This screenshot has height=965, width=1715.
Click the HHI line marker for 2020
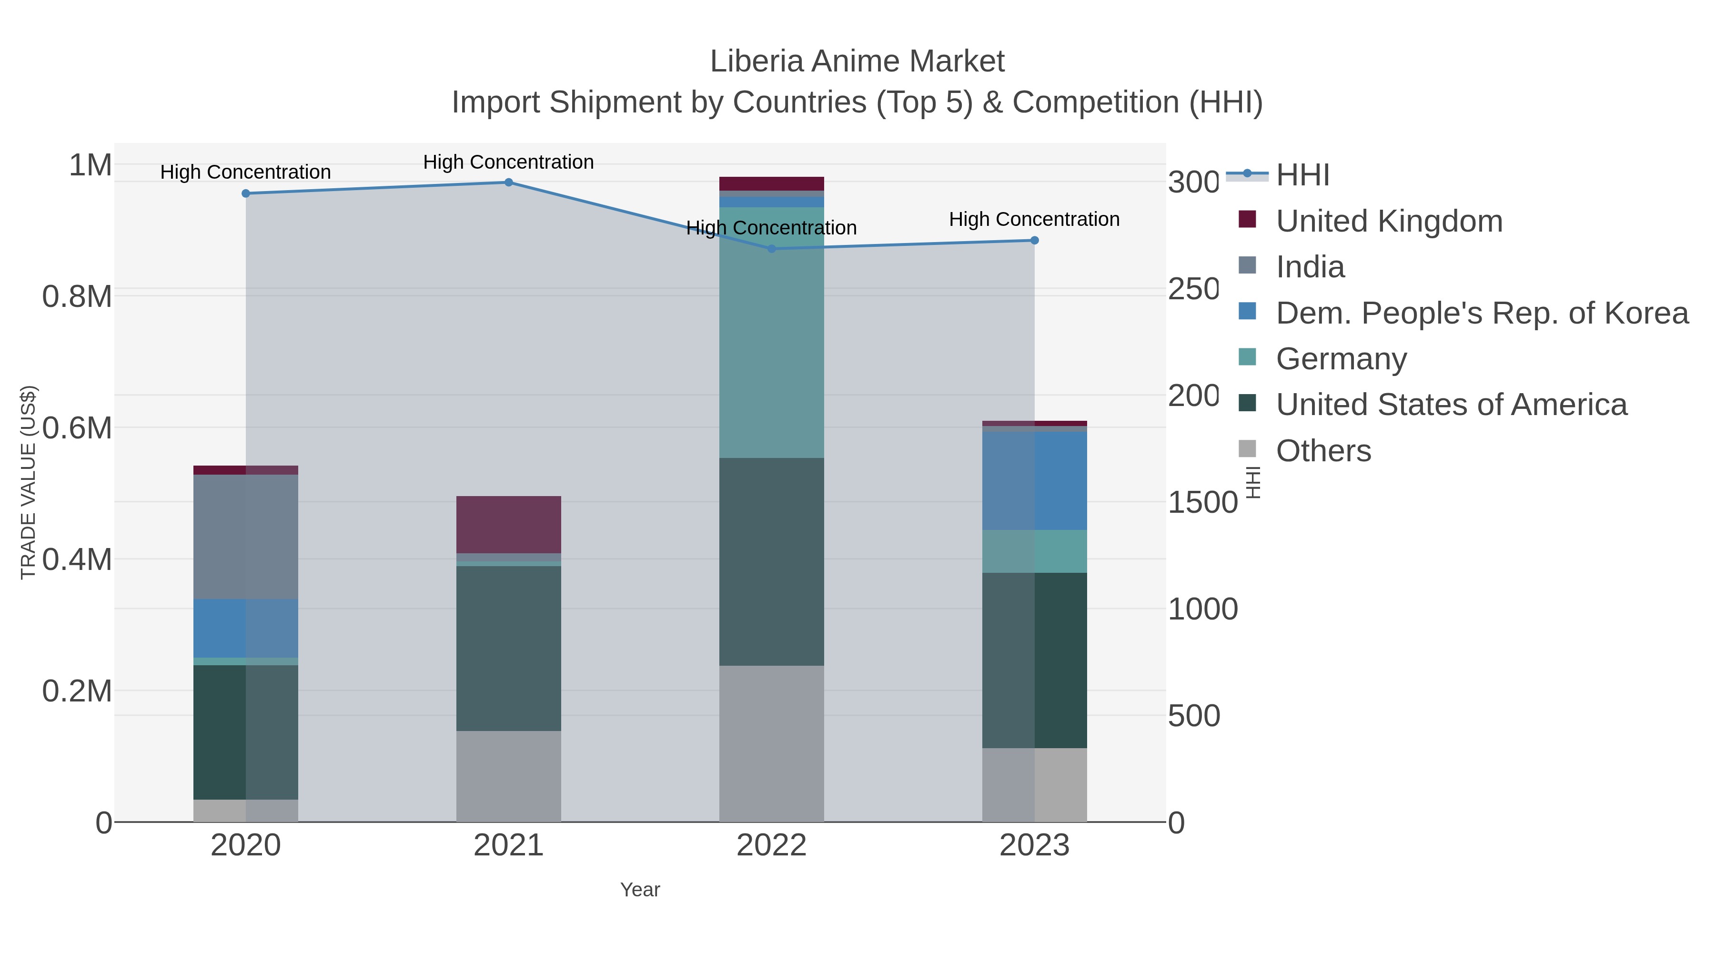point(246,193)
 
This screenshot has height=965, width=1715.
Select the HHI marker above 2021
point(509,182)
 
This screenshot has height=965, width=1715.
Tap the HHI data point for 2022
point(772,248)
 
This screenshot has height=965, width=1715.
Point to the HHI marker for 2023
point(1035,241)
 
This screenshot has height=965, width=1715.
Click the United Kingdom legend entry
point(1389,221)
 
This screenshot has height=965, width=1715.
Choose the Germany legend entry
point(1341,358)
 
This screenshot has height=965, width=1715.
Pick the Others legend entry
point(1323,451)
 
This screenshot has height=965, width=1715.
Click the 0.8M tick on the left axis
point(77,296)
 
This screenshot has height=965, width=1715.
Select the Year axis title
point(640,890)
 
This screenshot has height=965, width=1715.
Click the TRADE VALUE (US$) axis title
point(28,482)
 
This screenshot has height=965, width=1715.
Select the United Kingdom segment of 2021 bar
point(509,524)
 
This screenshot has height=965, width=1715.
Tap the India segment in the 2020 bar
point(246,536)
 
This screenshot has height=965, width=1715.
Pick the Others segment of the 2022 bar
point(772,743)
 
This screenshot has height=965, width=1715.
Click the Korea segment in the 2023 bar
point(1035,480)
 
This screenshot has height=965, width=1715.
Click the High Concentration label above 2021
point(509,162)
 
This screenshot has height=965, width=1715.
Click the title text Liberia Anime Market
point(857,61)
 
